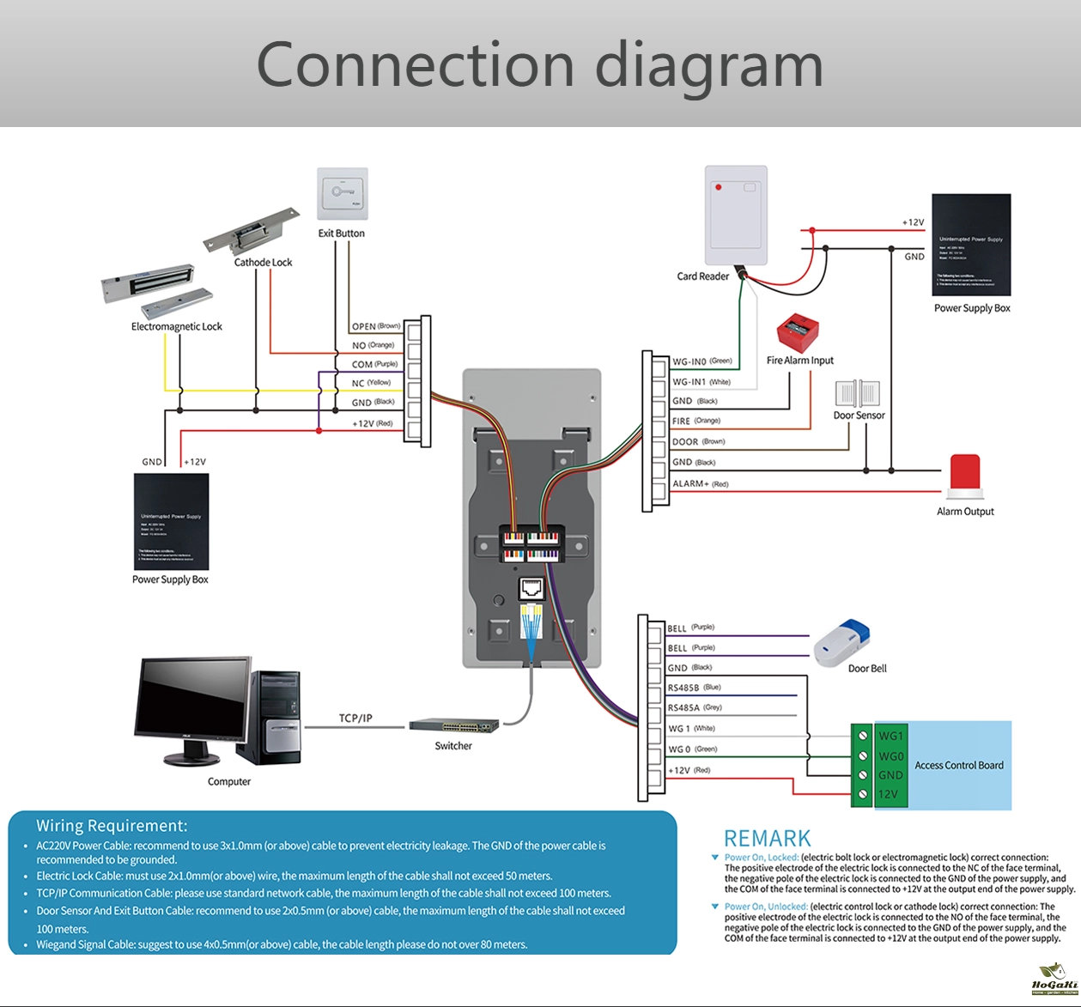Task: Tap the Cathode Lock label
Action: point(263,263)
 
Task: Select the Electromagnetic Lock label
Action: point(176,326)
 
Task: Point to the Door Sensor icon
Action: point(859,393)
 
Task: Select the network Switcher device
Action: point(454,725)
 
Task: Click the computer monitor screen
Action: point(194,704)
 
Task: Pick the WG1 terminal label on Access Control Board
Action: point(890,736)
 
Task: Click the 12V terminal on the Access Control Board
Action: point(888,794)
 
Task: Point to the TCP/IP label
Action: point(355,718)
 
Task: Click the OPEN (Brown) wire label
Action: point(376,326)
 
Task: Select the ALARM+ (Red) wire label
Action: point(700,484)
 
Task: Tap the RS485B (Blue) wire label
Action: point(694,688)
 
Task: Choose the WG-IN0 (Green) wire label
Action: point(701,361)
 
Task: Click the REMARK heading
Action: point(767,839)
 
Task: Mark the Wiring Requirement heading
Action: point(112,826)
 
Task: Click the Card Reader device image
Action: point(735,215)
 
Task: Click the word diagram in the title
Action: point(709,65)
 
